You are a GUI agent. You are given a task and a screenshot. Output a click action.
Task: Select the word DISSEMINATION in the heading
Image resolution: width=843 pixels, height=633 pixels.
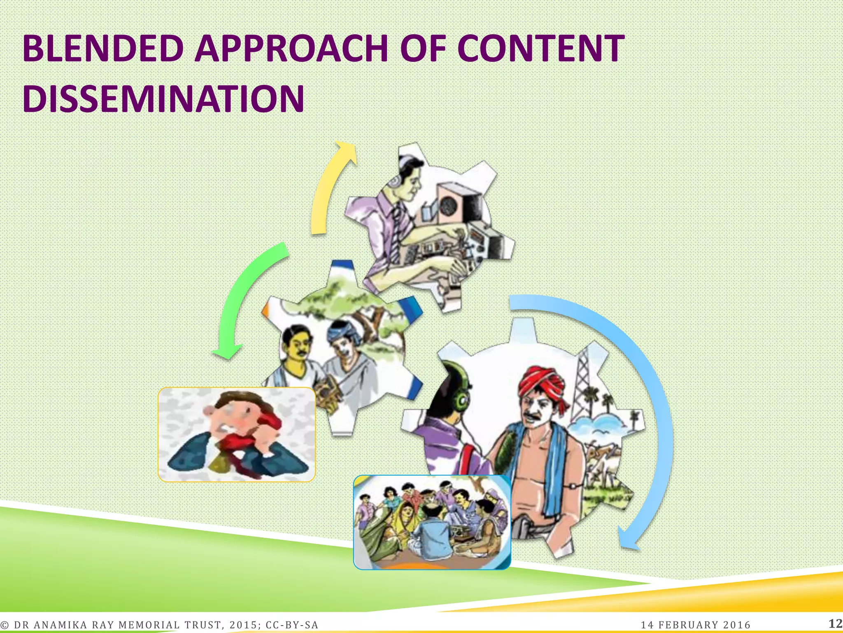[163, 99]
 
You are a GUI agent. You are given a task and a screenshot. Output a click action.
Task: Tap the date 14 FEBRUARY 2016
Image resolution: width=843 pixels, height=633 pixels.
[696, 625]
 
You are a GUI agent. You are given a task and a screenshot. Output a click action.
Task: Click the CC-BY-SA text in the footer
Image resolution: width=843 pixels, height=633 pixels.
[292, 625]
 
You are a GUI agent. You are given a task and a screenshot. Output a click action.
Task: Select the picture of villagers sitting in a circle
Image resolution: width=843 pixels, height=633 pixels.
[432, 522]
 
